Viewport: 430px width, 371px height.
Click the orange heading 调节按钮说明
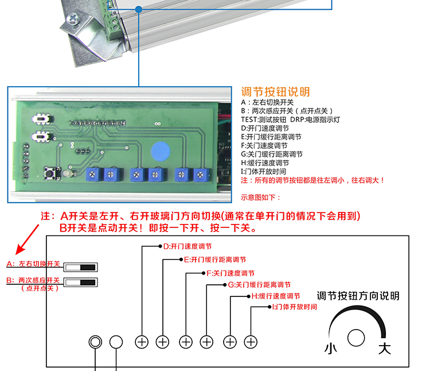275,92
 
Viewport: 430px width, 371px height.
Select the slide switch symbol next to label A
81,267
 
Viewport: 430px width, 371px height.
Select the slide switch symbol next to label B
81,282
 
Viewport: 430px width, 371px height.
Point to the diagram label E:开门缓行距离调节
214,260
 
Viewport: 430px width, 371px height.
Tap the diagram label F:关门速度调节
230,273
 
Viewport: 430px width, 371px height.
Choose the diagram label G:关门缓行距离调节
259,285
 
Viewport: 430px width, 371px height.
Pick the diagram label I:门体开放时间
293,307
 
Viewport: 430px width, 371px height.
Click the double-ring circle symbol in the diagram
95,342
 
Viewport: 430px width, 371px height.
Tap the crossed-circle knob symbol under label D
142,342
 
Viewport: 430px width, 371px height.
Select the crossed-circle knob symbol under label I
250,342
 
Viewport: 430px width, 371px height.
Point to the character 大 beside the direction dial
385,348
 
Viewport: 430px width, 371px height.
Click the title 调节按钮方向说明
358,296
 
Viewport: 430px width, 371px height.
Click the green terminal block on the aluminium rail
111,20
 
